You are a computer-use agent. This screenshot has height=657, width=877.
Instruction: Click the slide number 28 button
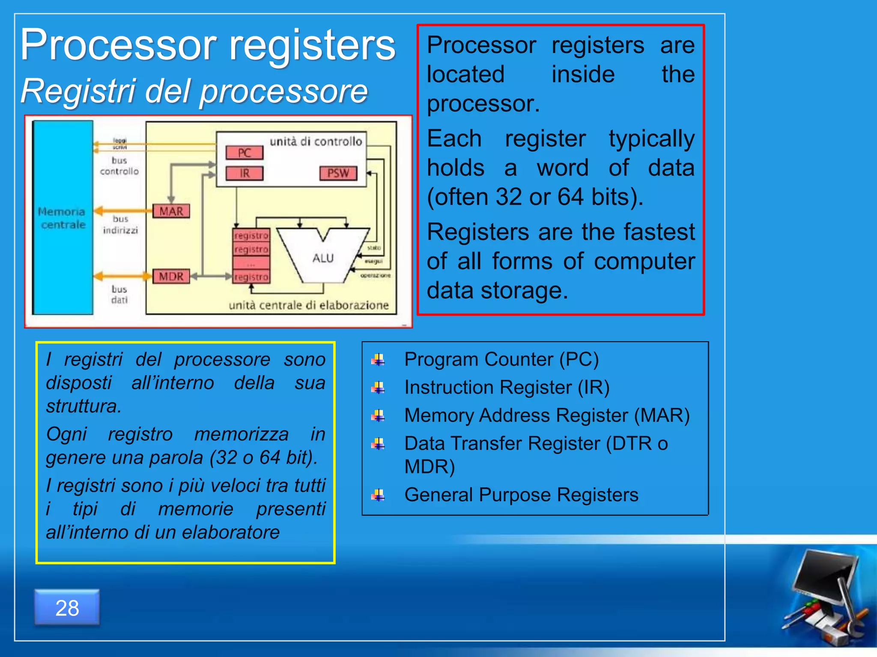67,607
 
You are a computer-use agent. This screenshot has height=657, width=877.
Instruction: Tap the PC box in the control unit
245,153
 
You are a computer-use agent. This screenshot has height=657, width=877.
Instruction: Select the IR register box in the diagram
245,173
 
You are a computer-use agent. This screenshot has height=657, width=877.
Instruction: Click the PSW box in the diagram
338,173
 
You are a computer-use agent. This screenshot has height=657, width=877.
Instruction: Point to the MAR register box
171,211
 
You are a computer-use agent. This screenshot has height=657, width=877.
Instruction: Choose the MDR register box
171,276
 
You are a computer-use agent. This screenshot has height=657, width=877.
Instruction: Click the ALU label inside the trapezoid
323,258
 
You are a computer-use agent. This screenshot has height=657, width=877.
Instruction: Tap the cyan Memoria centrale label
62,218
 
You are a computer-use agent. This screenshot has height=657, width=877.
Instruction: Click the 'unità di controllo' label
316,141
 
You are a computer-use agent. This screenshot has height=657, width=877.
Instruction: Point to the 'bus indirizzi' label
120,225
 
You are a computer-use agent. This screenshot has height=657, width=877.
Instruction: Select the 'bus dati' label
119,294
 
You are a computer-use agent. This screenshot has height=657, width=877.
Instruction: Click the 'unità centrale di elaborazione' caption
308,305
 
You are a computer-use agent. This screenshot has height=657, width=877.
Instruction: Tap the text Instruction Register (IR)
507,387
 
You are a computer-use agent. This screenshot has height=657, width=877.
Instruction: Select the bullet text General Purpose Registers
521,495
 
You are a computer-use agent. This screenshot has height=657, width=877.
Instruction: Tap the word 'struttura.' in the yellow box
84,406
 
